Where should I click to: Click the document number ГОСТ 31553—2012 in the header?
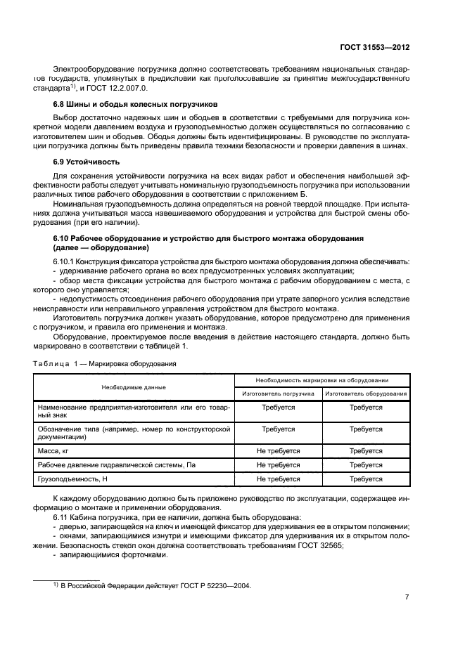[x=371, y=47]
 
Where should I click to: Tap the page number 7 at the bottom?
[x=407, y=597]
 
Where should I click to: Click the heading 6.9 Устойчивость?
[x=81, y=162]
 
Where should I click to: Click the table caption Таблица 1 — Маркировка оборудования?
[x=105, y=364]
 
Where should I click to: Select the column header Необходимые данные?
[x=133, y=387]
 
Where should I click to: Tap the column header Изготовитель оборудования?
[x=366, y=393]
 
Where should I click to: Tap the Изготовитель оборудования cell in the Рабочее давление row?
[x=366, y=464]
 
